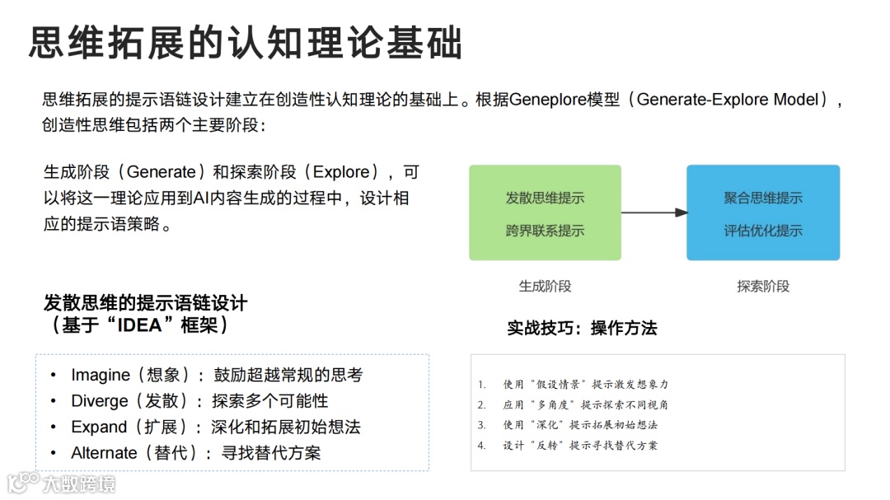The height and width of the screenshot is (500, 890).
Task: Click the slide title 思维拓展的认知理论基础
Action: pyautogui.click(x=246, y=43)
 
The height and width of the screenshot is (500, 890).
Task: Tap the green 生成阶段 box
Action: pyautogui.click(x=545, y=213)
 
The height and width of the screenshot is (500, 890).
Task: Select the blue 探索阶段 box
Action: pyautogui.click(x=762, y=213)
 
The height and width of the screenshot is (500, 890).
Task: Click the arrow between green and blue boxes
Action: pyautogui.click(x=654, y=213)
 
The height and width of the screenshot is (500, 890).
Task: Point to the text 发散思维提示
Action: pyautogui.click(x=545, y=198)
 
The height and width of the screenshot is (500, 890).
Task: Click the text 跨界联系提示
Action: pyautogui.click(x=545, y=231)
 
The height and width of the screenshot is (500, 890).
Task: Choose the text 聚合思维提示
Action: pyautogui.click(x=763, y=198)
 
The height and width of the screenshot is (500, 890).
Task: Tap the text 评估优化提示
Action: pyautogui.click(x=763, y=231)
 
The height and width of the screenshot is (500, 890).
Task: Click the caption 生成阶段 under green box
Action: pyautogui.click(x=545, y=286)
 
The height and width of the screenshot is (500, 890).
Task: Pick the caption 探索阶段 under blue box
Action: pyautogui.click(x=763, y=286)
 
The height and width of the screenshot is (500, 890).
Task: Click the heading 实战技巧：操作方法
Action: pyautogui.click(x=582, y=328)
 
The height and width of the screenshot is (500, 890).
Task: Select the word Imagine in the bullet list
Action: pyautogui.click(x=101, y=375)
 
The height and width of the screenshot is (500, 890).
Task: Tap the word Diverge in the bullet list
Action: pyautogui.click(x=100, y=401)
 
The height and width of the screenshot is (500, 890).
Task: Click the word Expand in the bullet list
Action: pyautogui.click(x=98, y=427)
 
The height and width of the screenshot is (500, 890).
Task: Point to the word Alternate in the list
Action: pyautogui.click(x=104, y=453)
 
